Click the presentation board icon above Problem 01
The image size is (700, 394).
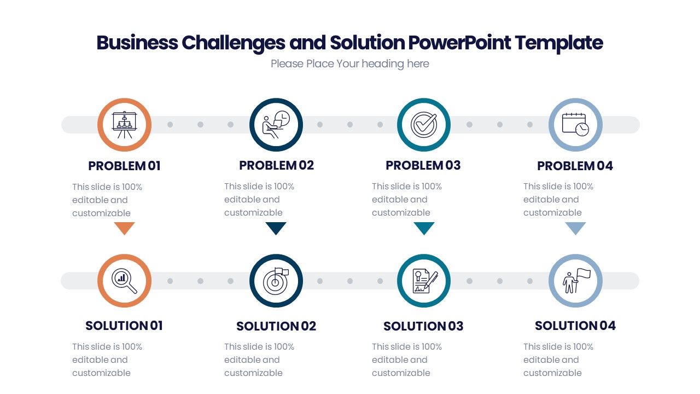(124, 125)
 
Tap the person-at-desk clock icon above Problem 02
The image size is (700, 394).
(276, 125)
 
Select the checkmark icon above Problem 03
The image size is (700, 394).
(424, 125)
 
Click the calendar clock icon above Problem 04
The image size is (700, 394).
(575, 125)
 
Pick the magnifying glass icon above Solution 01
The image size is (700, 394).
(124, 281)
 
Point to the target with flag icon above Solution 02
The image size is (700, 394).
(276, 281)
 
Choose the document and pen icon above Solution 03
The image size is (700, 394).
(424, 281)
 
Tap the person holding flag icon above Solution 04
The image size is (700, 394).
(575, 281)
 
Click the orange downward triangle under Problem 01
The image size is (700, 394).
(124, 228)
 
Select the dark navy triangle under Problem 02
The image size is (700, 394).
(276, 228)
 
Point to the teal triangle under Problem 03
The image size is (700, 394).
(424, 228)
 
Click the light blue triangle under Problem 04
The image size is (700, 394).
(575, 228)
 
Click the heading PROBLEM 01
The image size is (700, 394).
(124, 166)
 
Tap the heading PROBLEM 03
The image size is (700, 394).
(423, 165)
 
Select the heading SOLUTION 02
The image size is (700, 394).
(276, 326)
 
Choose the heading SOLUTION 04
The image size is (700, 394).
(575, 326)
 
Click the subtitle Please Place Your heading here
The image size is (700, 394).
(350, 64)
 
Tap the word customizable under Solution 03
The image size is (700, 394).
(401, 373)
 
